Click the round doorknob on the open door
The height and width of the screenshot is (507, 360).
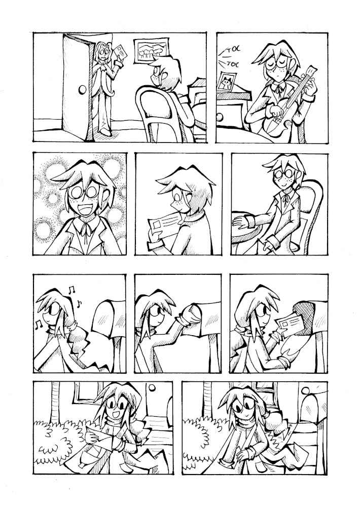pos(83,89)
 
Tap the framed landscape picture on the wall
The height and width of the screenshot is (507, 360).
pos(152,50)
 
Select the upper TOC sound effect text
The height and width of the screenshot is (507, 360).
pos(231,51)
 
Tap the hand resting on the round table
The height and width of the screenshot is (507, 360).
pos(240,222)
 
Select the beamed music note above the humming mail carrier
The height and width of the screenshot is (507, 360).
pos(71,289)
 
